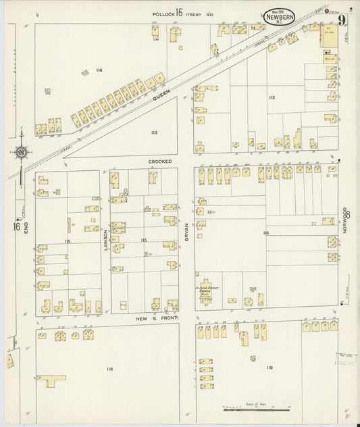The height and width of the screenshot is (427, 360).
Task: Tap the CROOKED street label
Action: [x=161, y=162]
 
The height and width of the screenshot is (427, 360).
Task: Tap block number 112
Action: [x=272, y=98]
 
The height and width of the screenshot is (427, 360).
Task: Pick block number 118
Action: [x=109, y=370]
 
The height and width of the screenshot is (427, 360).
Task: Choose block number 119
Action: [x=269, y=367]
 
